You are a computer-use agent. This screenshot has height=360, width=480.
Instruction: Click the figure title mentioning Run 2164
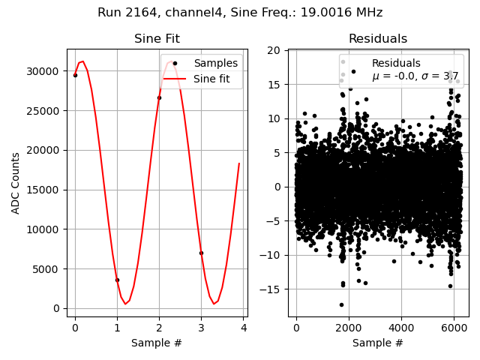click(x=240, y=13)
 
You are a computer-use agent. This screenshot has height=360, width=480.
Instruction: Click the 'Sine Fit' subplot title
click(x=157, y=39)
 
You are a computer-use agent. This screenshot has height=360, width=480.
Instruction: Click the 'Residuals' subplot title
click(x=377, y=39)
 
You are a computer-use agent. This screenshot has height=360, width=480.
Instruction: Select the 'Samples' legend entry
click(x=215, y=63)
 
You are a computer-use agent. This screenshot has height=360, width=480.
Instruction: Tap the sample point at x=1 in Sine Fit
click(x=117, y=280)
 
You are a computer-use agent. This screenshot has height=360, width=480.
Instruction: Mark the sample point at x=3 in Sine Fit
click(x=201, y=253)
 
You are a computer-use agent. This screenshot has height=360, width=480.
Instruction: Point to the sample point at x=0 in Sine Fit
click(x=75, y=75)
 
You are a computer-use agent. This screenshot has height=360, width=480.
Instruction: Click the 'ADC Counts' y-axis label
click(x=16, y=183)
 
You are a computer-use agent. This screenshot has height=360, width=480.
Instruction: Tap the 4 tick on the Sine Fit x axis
click(x=243, y=328)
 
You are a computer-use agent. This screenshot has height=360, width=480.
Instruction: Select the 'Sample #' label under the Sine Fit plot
click(x=157, y=343)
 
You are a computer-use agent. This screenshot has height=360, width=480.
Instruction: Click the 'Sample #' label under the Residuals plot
click(x=377, y=343)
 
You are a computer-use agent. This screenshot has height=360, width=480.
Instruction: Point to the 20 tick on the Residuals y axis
click(x=274, y=51)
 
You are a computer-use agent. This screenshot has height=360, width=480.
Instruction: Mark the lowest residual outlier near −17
click(x=341, y=304)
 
